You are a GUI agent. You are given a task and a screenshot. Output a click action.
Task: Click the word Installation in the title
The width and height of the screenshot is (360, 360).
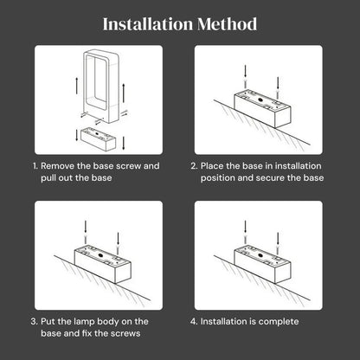click(148, 24)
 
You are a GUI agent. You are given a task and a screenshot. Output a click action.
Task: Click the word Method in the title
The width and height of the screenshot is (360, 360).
click(228, 24)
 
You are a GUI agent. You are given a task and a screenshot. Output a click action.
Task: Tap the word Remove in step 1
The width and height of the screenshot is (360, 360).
click(58, 166)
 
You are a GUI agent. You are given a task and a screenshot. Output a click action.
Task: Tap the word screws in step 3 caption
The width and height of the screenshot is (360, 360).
click(125, 333)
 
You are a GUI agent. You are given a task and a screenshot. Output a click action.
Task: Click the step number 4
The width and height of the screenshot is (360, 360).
click(194, 321)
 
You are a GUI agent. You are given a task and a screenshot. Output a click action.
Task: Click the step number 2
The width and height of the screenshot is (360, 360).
click(194, 166)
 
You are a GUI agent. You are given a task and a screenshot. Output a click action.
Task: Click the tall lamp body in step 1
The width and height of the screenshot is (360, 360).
click(101, 87)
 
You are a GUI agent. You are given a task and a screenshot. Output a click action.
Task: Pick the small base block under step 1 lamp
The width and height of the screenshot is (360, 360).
click(98, 139)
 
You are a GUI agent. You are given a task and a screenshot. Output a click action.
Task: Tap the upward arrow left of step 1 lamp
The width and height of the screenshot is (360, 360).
click(77, 86)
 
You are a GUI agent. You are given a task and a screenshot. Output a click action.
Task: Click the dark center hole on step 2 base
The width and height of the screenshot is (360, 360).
click(260, 100)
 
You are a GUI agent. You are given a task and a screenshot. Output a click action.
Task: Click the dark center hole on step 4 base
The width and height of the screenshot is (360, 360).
click(260, 255)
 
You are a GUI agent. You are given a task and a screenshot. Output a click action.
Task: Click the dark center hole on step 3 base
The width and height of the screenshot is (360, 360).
click(100, 255)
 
